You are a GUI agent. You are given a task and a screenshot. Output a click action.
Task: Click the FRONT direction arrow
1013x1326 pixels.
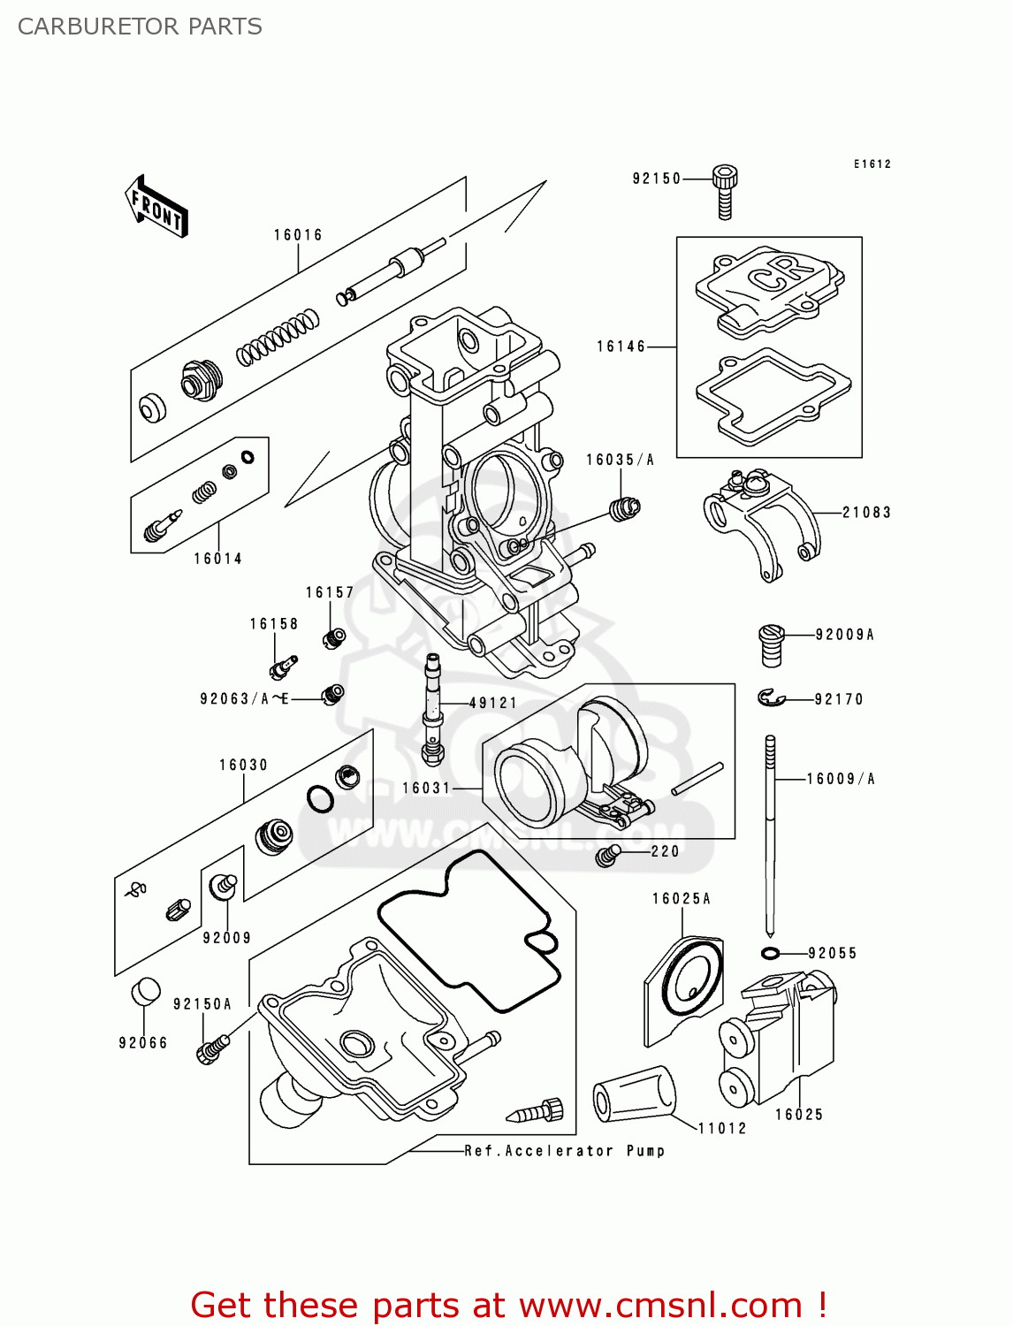(x=156, y=207)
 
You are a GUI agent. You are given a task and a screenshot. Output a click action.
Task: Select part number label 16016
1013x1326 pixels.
(x=298, y=235)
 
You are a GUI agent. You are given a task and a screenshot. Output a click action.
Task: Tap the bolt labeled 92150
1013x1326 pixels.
(x=725, y=190)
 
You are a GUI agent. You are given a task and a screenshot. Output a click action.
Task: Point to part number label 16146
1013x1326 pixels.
(x=621, y=347)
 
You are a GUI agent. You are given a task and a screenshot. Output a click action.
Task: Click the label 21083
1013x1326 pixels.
(x=866, y=513)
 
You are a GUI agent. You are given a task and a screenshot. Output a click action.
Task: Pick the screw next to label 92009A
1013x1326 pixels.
(x=771, y=645)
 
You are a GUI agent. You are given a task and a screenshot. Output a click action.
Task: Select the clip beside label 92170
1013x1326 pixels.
(x=771, y=698)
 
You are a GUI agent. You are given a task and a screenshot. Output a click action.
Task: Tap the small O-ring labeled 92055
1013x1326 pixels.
(x=770, y=953)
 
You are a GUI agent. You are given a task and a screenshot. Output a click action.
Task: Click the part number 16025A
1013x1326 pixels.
(x=682, y=899)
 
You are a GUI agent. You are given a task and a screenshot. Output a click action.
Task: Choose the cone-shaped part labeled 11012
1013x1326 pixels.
(x=634, y=1096)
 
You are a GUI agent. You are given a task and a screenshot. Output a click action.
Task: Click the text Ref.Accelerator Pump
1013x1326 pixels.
(x=565, y=1151)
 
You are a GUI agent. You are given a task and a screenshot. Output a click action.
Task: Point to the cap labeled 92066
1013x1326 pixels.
(x=146, y=992)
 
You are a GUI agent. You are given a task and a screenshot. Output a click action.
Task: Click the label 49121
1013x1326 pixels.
(x=493, y=704)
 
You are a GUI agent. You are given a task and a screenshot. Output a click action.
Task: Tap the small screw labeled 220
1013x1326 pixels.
(x=607, y=855)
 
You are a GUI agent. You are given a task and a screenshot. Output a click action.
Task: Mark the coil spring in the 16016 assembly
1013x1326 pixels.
(x=277, y=338)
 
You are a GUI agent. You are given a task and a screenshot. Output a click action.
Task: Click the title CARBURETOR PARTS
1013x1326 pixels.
(x=140, y=27)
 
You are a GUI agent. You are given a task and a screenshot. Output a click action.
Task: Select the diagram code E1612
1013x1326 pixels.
(x=872, y=164)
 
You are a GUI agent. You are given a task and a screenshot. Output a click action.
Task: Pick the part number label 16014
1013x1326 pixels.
(x=218, y=559)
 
